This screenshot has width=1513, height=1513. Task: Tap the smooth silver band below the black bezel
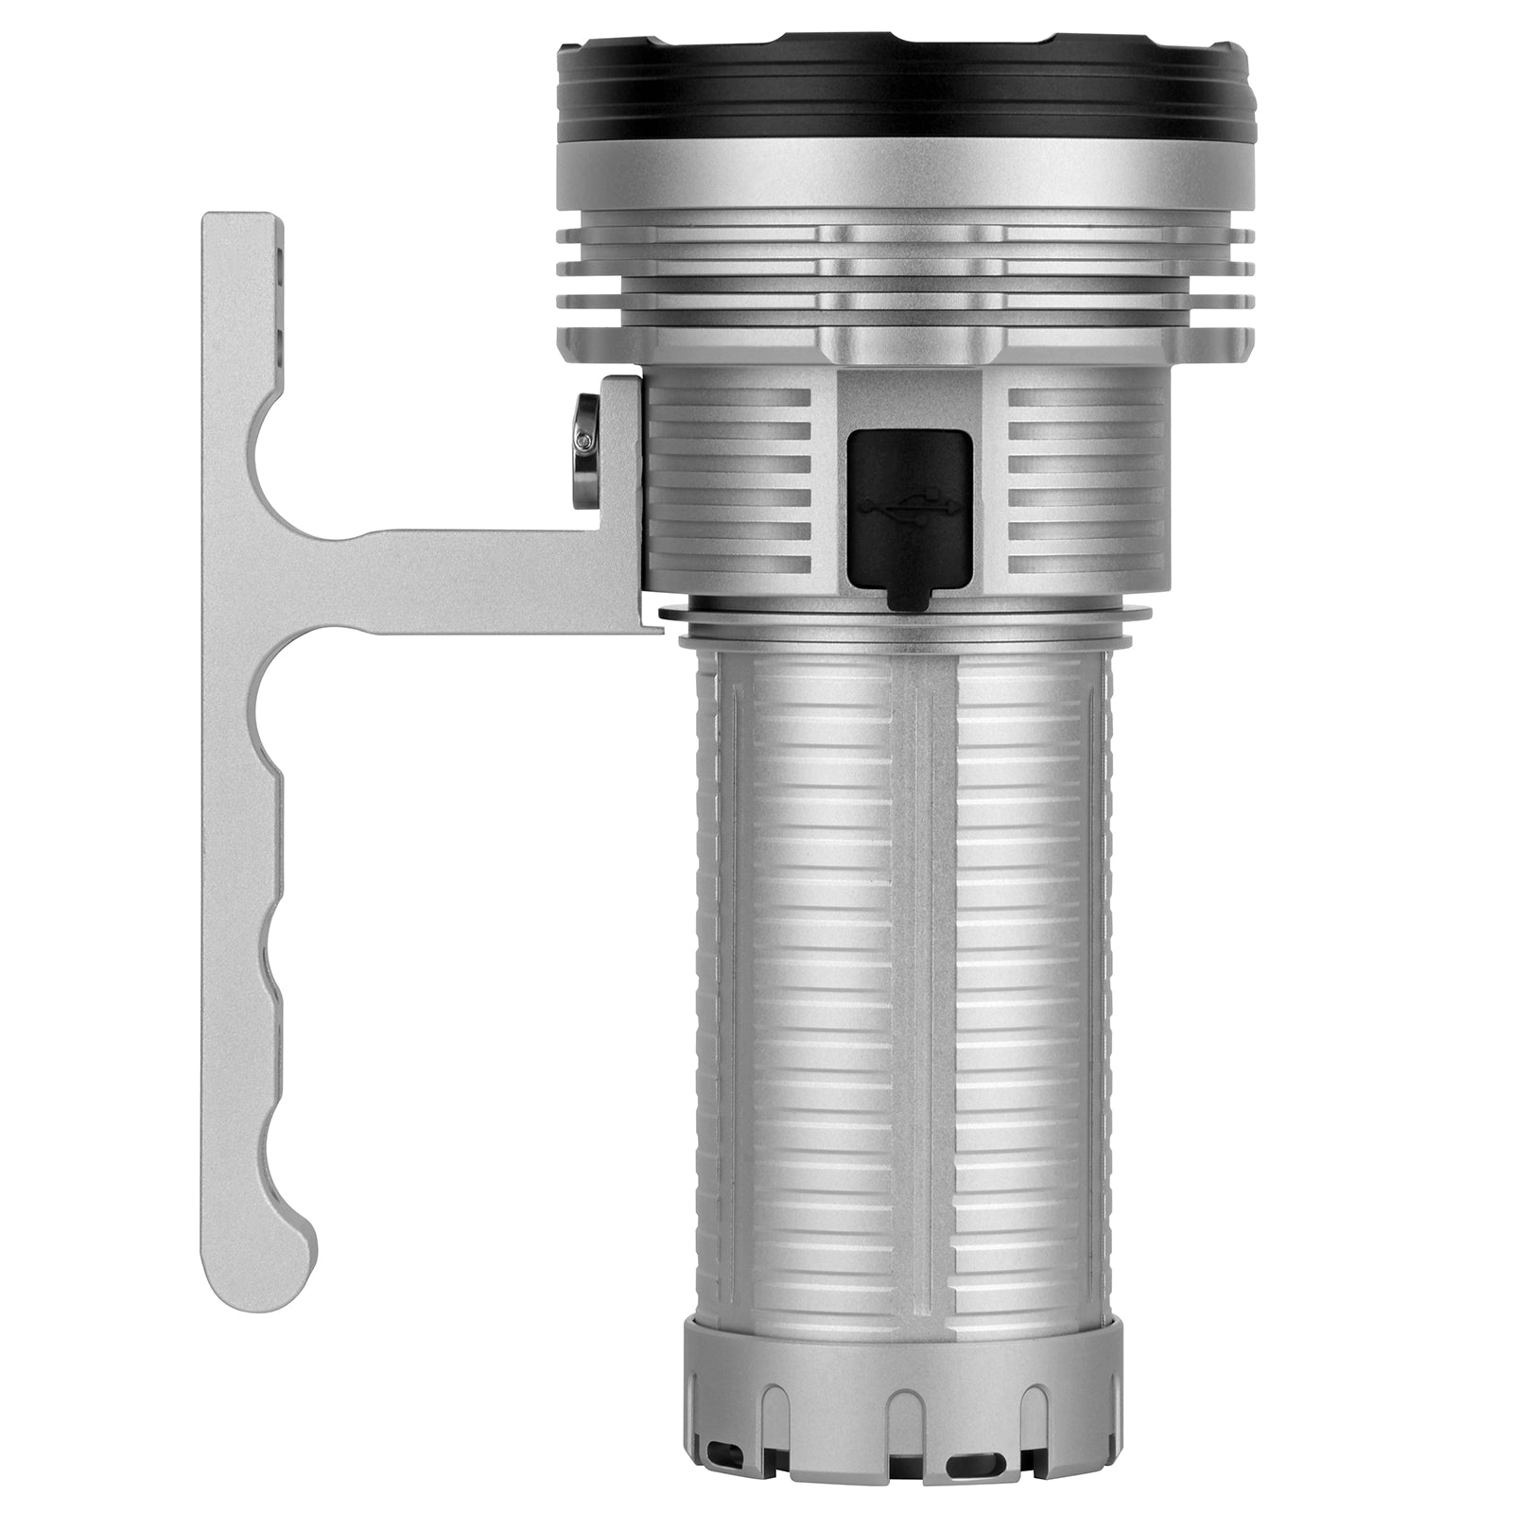[906, 180]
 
